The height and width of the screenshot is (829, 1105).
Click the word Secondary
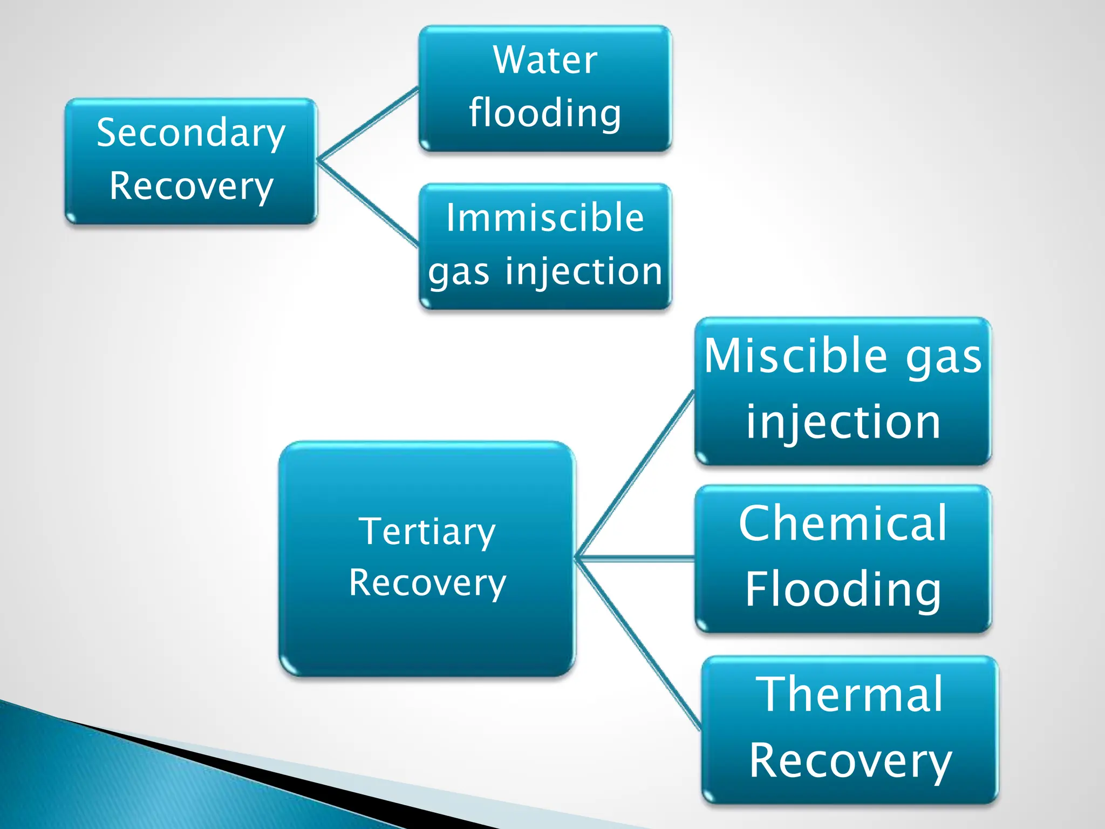[190, 133]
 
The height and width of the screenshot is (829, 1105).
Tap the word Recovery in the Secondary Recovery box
[190, 186]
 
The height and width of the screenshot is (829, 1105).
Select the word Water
[545, 60]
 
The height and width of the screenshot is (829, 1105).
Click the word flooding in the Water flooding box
[545, 113]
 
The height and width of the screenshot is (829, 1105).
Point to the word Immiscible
[545, 218]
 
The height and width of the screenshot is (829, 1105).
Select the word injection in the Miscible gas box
[843, 422]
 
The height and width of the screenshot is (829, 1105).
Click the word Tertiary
[427, 532]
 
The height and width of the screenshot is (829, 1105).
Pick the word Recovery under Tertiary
[427, 583]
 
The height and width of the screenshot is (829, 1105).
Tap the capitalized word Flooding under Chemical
[843, 589]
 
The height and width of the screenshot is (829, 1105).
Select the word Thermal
[850, 695]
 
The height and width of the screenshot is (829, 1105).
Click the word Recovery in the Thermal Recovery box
[850, 761]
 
